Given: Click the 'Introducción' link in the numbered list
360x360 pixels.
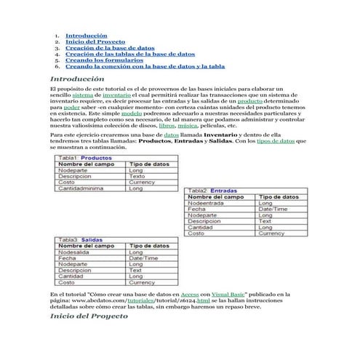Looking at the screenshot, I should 87,35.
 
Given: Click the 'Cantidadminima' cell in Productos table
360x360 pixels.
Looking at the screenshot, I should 83,188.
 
